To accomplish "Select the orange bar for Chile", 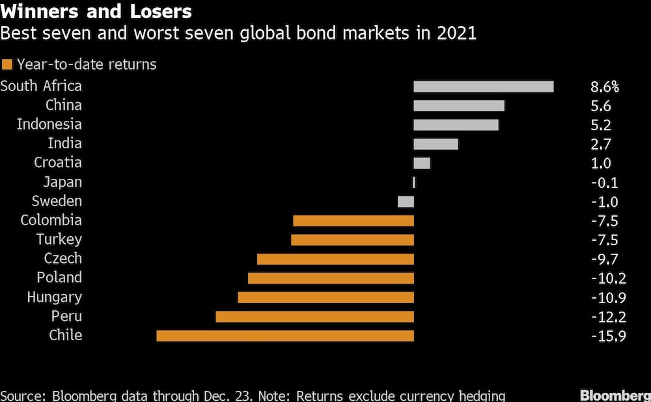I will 285,336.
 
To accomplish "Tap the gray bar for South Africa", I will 484,87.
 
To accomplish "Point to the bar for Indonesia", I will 456,125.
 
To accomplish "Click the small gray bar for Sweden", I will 406,202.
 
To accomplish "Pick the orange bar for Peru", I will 315,317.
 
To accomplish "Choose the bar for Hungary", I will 326,297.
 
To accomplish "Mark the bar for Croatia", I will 422,163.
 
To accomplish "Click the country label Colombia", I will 51,221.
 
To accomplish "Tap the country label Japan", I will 62,182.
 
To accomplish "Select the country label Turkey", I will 59,239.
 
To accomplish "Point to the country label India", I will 64,144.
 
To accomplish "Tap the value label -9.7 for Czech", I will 604,259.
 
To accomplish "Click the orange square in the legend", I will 7,64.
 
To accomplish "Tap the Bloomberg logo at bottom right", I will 615,395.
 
